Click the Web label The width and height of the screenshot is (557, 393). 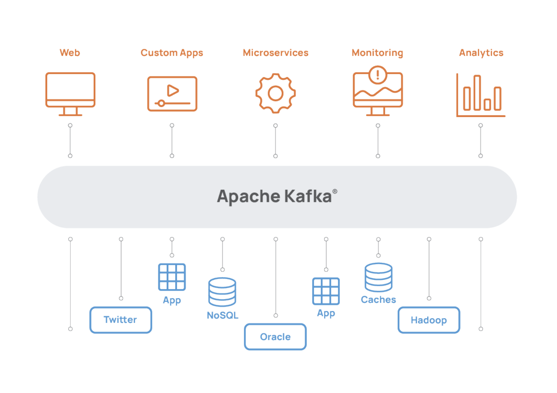[x=70, y=53]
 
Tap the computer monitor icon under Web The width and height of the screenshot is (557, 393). [x=70, y=90]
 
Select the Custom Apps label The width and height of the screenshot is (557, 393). [x=172, y=53]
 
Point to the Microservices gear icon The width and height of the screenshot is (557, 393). [x=275, y=93]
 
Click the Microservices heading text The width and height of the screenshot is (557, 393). [x=275, y=53]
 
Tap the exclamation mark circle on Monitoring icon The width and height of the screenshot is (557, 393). [x=378, y=75]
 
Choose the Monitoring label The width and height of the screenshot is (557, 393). [x=377, y=53]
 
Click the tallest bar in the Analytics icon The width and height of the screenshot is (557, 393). [x=477, y=92]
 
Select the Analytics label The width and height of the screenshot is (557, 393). [x=481, y=53]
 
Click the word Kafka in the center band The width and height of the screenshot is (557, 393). [x=308, y=196]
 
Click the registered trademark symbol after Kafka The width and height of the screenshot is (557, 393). [x=335, y=191]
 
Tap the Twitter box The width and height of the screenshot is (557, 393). [x=121, y=320]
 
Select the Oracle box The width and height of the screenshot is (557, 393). [x=275, y=337]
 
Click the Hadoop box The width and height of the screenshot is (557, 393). [x=429, y=320]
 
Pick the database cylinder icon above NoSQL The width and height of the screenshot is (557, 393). [x=222, y=292]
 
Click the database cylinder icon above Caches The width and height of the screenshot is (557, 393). [x=378, y=277]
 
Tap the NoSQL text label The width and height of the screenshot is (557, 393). [x=222, y=315]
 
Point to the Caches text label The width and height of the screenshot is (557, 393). [x=378, y=300]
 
